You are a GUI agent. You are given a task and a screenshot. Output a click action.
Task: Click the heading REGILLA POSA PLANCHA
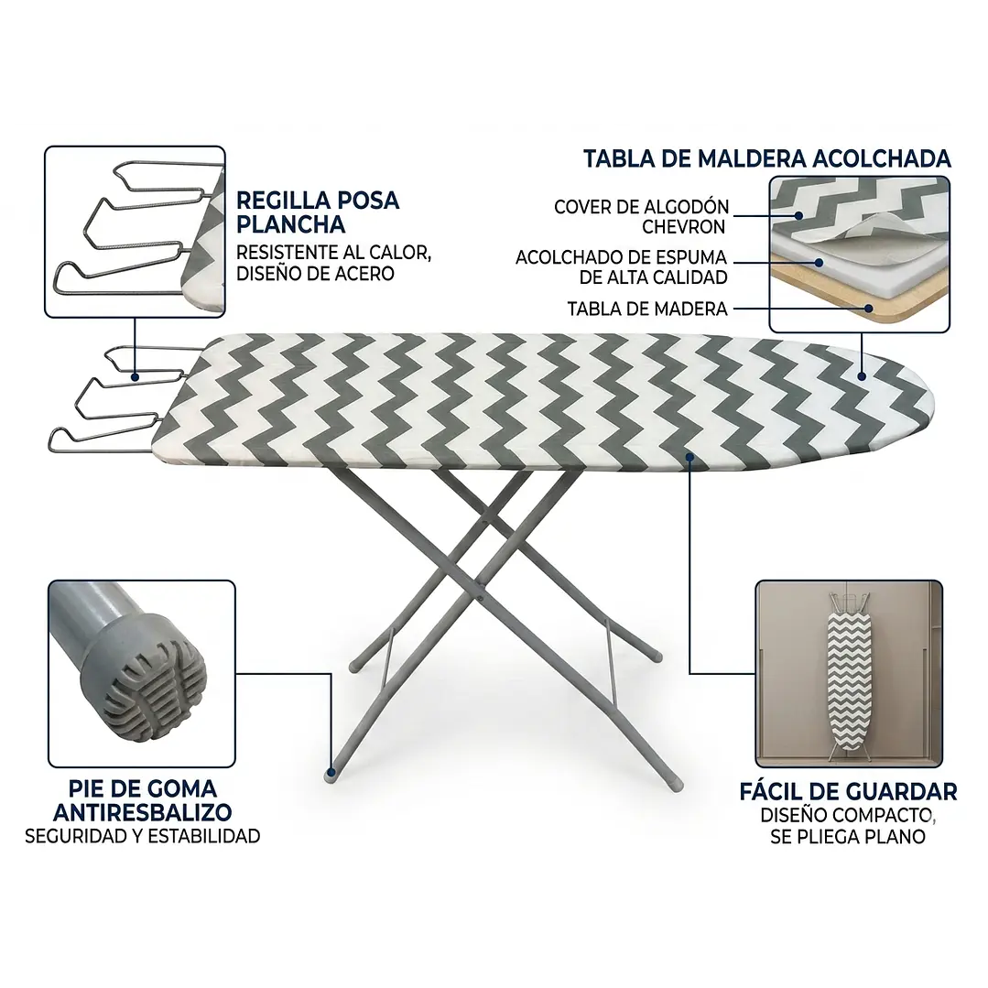pos(318,212)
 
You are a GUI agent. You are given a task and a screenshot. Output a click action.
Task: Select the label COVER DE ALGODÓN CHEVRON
pos(641,216)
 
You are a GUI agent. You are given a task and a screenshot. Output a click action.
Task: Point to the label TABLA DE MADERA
pos(647,309)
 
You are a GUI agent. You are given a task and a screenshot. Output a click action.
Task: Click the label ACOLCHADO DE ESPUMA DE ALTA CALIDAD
pos(622,266)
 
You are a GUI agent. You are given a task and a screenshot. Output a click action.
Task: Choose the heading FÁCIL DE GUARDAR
pos(848,791)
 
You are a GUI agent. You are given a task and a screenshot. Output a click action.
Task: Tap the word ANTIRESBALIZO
pos(143,812)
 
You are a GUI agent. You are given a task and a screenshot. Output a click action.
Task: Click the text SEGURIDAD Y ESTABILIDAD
pos(143,836)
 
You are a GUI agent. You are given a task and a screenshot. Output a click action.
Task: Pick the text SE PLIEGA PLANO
pos(848,837)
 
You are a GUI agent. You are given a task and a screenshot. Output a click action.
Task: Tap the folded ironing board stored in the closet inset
pos(848,674)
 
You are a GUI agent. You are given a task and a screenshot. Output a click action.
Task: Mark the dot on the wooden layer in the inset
pos(868,309)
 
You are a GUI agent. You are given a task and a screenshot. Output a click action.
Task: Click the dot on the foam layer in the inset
pos(820,262)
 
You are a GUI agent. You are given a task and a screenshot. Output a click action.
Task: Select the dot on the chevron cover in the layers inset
pos(798,215)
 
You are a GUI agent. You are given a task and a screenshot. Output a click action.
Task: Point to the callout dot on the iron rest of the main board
pos(135,377)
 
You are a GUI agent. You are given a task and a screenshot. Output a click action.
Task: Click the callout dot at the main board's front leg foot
pos(331,771)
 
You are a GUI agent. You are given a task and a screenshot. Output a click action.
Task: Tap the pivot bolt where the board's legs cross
pos(481,593)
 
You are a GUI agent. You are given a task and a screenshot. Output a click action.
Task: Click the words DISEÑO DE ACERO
pos(315,274)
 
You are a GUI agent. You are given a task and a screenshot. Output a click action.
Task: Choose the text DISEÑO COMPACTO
pos(848,815)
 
